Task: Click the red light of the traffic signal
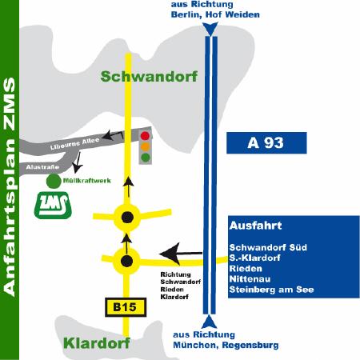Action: (x=145, y=136)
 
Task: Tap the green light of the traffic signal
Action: (x=146, y=157)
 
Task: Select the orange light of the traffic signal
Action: (x=145, y=146)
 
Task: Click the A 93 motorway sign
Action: (x=266, y=142)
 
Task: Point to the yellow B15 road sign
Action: (x=126, y=307)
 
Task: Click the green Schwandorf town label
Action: (x=149, y=77)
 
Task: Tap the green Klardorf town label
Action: (x=97, y=343)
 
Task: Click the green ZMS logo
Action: (x=53, y=205)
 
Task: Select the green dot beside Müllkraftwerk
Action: (x=54, y=181)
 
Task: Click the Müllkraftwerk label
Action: (x=87, y=181)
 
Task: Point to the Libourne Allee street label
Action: (x=74, y=143)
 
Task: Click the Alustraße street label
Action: (x=42, y=167)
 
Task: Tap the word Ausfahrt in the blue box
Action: (x=255, y=226)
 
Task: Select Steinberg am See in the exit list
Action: (x=271, y=290)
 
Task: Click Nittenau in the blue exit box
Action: (x=250, y=279)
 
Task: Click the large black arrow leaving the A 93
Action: (x=181, y=254)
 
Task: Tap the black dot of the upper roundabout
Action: (x=127, y=217)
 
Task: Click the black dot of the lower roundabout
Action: (x=126, y=261)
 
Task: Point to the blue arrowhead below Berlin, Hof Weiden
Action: (x=210, y=29)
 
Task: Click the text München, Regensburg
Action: (x=226, y=345)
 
